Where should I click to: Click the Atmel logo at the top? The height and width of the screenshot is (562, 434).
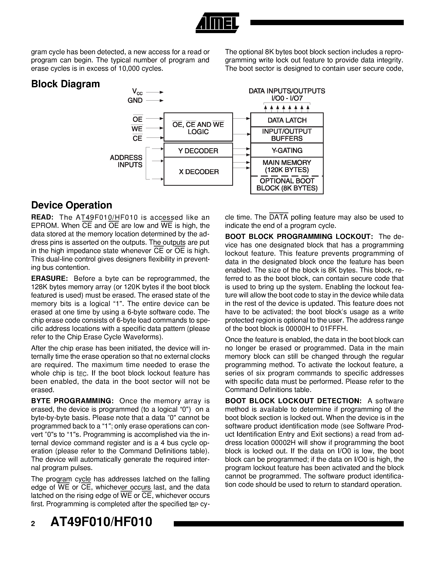217,23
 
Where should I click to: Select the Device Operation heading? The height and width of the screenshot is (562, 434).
71,205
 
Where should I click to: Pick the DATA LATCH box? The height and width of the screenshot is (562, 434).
287,120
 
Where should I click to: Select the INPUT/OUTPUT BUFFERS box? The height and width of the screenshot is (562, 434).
287,135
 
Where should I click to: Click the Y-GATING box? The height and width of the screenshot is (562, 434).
287,150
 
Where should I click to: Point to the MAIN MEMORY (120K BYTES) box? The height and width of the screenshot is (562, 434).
287,166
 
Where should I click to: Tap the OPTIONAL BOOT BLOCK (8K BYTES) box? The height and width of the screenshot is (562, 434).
287,185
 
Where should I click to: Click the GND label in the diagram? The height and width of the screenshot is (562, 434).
135,100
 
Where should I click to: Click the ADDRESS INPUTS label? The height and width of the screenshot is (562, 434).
126,161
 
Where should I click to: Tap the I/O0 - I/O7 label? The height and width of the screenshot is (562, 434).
287,98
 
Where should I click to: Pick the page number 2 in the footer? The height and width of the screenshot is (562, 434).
33,524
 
